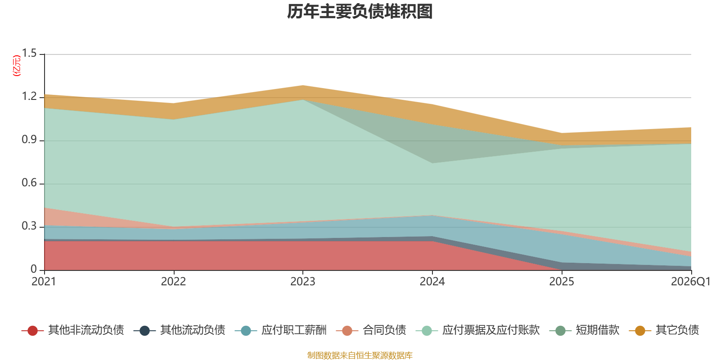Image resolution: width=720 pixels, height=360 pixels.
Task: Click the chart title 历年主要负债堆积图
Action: (x=360, y=12)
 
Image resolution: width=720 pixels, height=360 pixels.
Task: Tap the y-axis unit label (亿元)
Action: (x=16, y=66)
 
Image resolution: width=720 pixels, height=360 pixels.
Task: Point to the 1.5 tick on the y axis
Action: (x=29, y=53)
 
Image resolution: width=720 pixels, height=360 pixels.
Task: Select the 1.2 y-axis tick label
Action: (x=29, y=96)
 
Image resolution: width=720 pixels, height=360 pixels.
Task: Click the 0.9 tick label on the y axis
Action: (x=29, y=139)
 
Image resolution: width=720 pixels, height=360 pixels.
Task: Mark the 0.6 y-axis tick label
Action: (x=29, y=183)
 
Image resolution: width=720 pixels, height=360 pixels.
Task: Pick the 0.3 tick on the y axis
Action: (x=29, y=226)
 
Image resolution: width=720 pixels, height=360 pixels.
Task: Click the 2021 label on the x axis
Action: (x=44, y=282)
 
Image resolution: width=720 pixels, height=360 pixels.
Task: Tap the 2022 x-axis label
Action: (x=174, y=282)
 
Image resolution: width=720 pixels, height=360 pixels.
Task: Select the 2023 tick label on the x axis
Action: (x=303, y=282)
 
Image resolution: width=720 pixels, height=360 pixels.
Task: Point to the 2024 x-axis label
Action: (x=432, y=282)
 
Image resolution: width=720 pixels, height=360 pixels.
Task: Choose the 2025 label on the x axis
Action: (x=562, y=282)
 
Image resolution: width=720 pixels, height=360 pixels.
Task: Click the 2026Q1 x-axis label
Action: (x=691, y=282)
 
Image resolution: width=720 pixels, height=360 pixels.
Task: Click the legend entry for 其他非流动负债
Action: (x=72, y=330)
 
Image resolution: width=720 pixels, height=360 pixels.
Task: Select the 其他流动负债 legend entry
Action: (x=180, y=330)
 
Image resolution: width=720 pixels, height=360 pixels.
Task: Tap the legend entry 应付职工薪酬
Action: (x=281, y=330)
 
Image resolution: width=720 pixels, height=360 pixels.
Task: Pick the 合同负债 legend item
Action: (x=371, y=330)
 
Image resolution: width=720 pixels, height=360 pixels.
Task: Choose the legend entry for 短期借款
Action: (x=584, y=330)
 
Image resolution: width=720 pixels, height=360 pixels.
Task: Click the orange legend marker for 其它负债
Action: (x=640, y=330)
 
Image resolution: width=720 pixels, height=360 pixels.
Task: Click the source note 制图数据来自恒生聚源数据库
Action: (x=360, y=355)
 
